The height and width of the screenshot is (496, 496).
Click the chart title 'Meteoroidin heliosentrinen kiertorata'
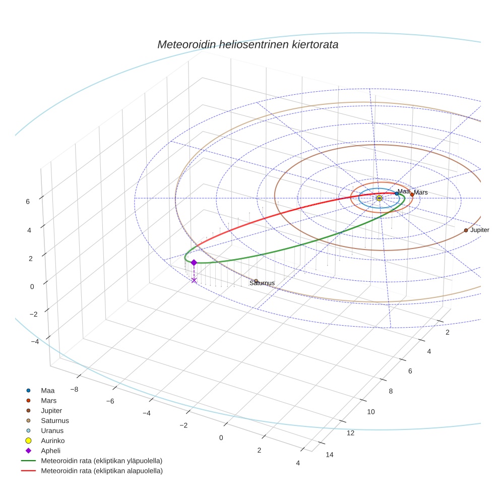tap(247, 44)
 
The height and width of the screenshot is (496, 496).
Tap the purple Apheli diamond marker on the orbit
tap(194, 262)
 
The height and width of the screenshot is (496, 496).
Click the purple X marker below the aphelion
tap(194, 280)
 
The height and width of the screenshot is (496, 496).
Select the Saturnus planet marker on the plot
tap(256, 281)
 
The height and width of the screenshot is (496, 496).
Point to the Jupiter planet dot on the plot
tap(466, 230)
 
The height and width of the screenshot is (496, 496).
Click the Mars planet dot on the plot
tap(412, 195)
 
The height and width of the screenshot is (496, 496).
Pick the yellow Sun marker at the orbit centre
tap(379, 199)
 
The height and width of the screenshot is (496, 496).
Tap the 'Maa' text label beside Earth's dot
tap(403, 191)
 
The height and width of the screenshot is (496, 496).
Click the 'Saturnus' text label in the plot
tap(262, 283)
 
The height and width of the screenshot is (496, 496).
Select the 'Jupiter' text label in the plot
tap(479, 230)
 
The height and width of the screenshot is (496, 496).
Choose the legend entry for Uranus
tap(52, 430)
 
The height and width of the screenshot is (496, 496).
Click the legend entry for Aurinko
tap(52, 441)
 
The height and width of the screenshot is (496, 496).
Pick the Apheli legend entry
tap(50, 451)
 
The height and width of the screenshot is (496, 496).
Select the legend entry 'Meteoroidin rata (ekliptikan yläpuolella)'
tap(101, 461)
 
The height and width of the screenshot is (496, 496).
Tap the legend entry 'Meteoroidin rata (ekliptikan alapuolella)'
tap(101, 471)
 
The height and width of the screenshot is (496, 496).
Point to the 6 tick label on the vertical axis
tap(28, 202)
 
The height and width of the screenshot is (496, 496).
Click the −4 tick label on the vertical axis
tap(35, 342)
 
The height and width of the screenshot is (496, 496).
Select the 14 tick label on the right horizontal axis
tap(330, 455)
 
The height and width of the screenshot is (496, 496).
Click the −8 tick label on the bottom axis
tap(74, 389)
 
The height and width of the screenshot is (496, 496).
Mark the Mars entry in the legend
tap(48, 400)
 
